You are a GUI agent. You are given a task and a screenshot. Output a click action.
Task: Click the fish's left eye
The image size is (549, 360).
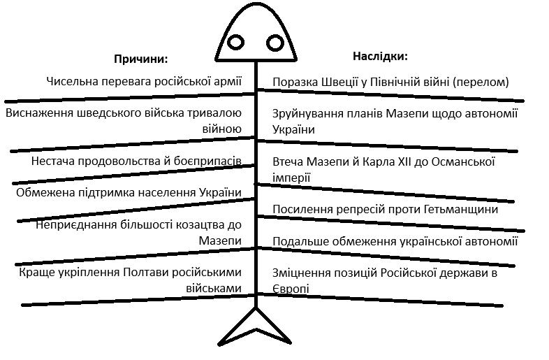238,43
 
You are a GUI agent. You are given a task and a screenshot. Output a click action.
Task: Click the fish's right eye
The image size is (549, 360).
273,43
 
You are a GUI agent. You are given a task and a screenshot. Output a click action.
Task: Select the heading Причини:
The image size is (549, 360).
142,59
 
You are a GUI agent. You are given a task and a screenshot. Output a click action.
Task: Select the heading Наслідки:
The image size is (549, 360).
380,57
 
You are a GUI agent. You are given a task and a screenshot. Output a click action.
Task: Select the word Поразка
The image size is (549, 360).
293,82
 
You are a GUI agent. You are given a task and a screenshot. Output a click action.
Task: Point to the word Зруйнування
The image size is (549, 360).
304,113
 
